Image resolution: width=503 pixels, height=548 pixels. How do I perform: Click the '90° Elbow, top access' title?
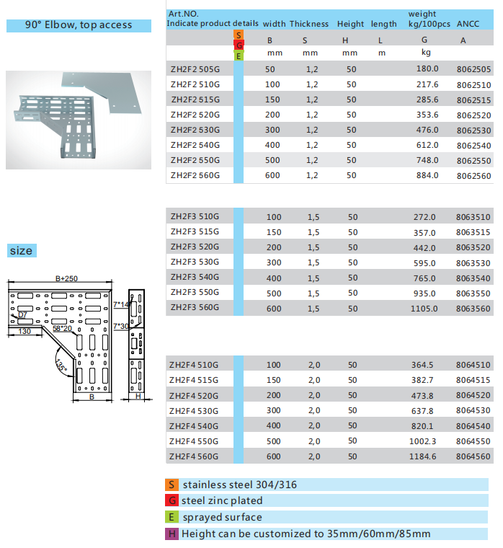pos(79,25)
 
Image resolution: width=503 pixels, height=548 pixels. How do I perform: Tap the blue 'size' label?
pos(21,251)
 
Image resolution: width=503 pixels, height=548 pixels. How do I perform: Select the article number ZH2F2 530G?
pos(195,130)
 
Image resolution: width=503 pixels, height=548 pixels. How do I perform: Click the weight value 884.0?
pos(427,175)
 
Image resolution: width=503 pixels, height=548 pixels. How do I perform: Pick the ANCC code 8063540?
pos(473,278)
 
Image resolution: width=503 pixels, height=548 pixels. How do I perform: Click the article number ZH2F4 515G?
pos(194,380)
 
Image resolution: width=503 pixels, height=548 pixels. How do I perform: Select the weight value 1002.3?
pos(424,441)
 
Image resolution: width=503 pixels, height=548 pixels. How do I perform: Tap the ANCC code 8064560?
pos(473,456)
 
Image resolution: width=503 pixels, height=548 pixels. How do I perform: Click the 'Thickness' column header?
pos(309,24)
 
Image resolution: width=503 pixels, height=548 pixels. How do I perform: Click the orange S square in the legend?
pos(172,485)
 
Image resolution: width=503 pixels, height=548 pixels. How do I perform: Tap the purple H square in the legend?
pos(172,534)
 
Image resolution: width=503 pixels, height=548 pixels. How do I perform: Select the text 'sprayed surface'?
pos(222,517)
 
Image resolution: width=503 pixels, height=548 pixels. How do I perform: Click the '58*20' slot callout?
pos(63,328)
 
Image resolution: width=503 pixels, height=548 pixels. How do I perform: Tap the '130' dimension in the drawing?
pos(25,331)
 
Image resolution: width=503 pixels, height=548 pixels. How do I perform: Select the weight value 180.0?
pos(427,69)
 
